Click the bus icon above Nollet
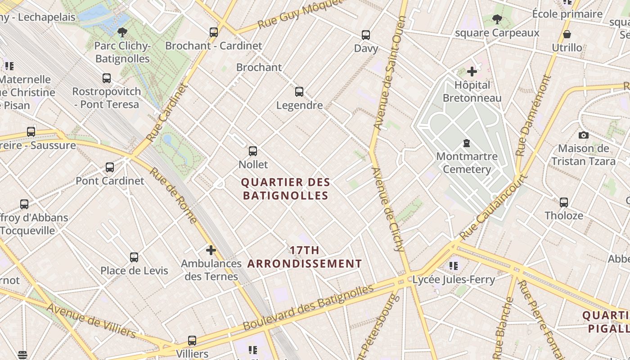pyautogui.click(x=253, y=151)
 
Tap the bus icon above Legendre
pyautogui.click(x=299, y=92)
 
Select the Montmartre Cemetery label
pyautogui.click(x=467, y=163)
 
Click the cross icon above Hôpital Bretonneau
pyautogui.click(x=472, y=72)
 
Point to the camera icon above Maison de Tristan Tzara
pyautogui.click(x=583, y=135)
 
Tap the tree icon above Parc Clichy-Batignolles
pyautogui.click(x=122, y=32)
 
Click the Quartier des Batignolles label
pyautogui.click(x=285, y=189)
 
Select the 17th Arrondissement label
pyautogui.click(x=305, y=257)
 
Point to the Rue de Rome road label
pyautogui.click(x=173, y=195)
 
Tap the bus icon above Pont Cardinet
pyautogui.click(x=110, y=167)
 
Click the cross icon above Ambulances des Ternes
pyautogui.click(x=211, y=250)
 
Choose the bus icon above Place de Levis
pyautogui.click(x=134, y=257)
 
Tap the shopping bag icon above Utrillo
pyautogui.click(x=567, y=34)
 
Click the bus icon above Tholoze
pyautogui.click(x=564, y=202)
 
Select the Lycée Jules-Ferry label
pyautogui.click(x=454, y=279)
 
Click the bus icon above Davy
pyautogui.click(x=366, y=35)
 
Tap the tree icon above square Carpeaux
pyautogui.click(x=497, y=19)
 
